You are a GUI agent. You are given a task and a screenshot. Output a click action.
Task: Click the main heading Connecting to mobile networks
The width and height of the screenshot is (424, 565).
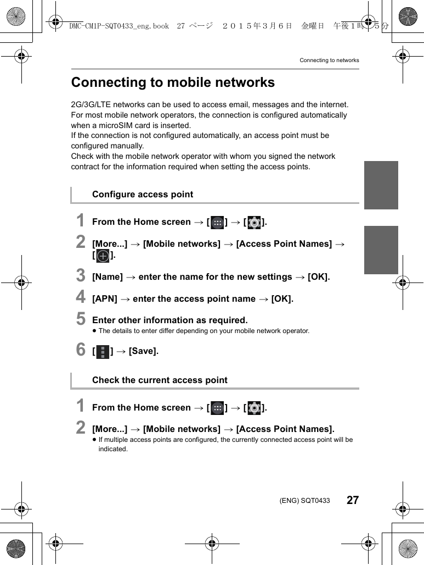pos(173,82)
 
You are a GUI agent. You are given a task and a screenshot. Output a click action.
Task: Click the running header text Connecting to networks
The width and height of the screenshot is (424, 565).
pos(329,60)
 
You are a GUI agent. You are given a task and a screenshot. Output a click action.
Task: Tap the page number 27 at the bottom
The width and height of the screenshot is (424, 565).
pos(353,500)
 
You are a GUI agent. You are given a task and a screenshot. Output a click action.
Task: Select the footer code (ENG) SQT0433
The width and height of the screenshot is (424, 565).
pos(304,501)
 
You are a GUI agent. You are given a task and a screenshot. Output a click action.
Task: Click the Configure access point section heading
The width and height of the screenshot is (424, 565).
pos(143,195)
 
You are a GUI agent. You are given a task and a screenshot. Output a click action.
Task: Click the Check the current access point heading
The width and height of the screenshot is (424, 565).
pos(160,380)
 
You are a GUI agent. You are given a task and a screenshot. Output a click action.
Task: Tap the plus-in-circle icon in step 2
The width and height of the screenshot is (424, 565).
pos(103,256)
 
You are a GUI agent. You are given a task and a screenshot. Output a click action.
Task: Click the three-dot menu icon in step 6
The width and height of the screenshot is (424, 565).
pos(103,352)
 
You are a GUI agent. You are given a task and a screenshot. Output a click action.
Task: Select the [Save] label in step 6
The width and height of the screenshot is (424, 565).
pos(144,351)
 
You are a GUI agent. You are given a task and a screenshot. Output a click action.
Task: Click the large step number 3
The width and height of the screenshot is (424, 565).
pos(81,275)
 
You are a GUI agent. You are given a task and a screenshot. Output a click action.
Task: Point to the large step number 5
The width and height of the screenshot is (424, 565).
pos(81,319)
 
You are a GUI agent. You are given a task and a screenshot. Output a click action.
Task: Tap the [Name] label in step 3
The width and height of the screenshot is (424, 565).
pos(108,277)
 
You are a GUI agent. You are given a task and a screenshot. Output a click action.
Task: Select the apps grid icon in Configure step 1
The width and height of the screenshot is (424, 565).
pos(217,223)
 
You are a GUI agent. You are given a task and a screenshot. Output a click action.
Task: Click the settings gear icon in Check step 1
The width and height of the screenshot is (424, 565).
pos(254,408)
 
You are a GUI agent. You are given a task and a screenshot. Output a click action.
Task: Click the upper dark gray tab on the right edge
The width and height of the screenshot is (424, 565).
pos(381,185)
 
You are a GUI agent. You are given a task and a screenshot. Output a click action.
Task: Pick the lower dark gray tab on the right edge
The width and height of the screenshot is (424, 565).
pos(381,250)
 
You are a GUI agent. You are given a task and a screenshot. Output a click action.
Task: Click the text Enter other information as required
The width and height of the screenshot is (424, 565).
pos(170,320)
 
